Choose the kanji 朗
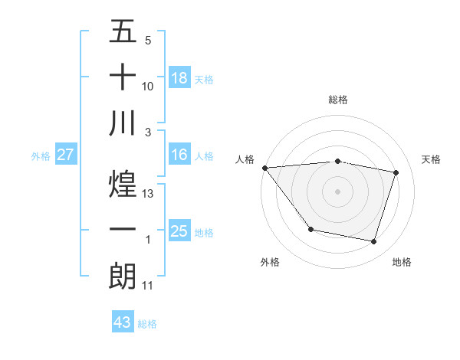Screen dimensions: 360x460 pos(123,276)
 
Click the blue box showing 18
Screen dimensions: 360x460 pos(179,77)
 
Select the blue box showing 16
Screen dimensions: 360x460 pos(179,155)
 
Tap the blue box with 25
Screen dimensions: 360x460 pos(179,231)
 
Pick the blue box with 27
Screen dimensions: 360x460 pos(66,155)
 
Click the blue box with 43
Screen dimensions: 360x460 pos(123,322)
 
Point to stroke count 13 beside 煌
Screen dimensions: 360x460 pos(149,194)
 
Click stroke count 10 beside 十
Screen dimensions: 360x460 pos(149,87)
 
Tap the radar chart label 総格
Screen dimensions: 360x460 pos(338,100)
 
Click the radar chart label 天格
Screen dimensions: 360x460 pos(431,159)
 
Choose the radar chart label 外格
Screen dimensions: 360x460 pos(270,262)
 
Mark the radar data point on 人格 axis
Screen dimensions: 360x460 pos(264,168)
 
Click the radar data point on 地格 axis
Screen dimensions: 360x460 pos(373,241)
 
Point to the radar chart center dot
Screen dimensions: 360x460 pos(338,191)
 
